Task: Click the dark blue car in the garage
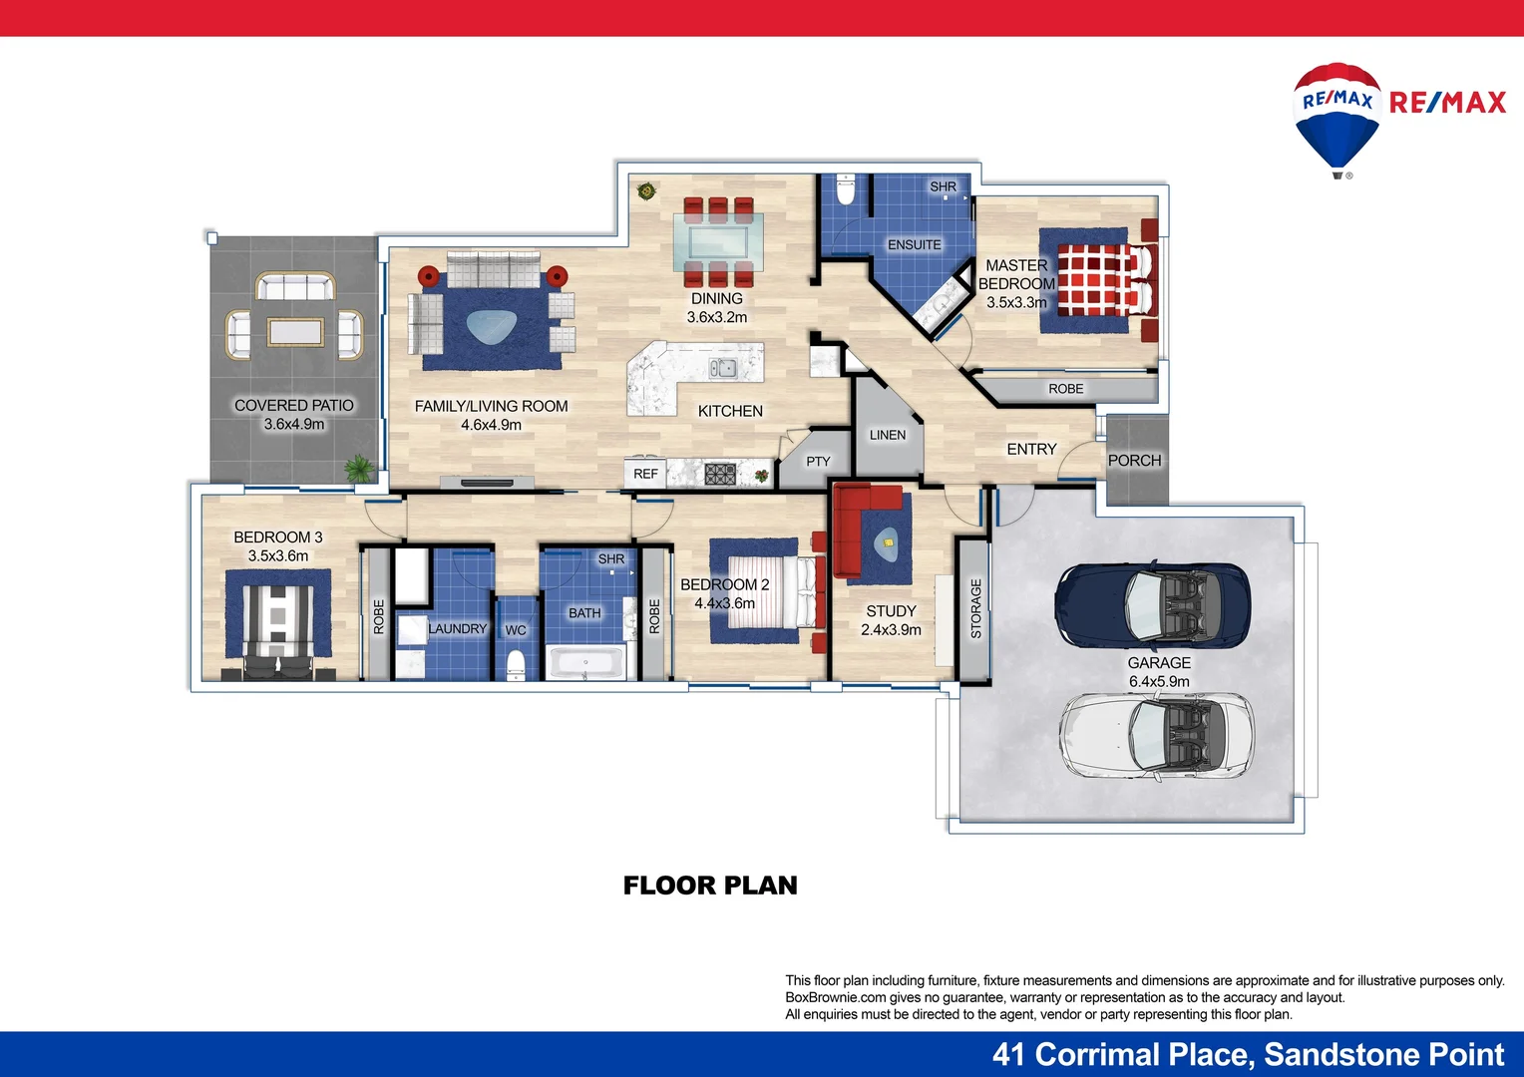tap(1152, 604)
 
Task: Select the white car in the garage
tap(1156, 736)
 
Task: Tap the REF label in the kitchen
tap(645, 474)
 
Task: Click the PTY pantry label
tap(818, 462)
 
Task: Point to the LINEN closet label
tap(887, 435)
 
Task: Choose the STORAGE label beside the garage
tap(975, 608)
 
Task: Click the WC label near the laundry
tap(516, 630)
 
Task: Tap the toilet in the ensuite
tap(846, 188)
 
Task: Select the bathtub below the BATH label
tap(586, 662)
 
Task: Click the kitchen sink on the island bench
tap(723, 368)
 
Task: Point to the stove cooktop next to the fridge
tap(720, 474)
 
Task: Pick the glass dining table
tap(718, 240)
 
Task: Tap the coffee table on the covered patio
tap(294, 331)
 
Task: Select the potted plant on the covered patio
tap(358, 468)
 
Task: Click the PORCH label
tap(1134, 461)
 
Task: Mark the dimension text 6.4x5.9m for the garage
tap(1159, 682)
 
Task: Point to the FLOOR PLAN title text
tap(710, 886)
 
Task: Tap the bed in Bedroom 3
tap(278, 623)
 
